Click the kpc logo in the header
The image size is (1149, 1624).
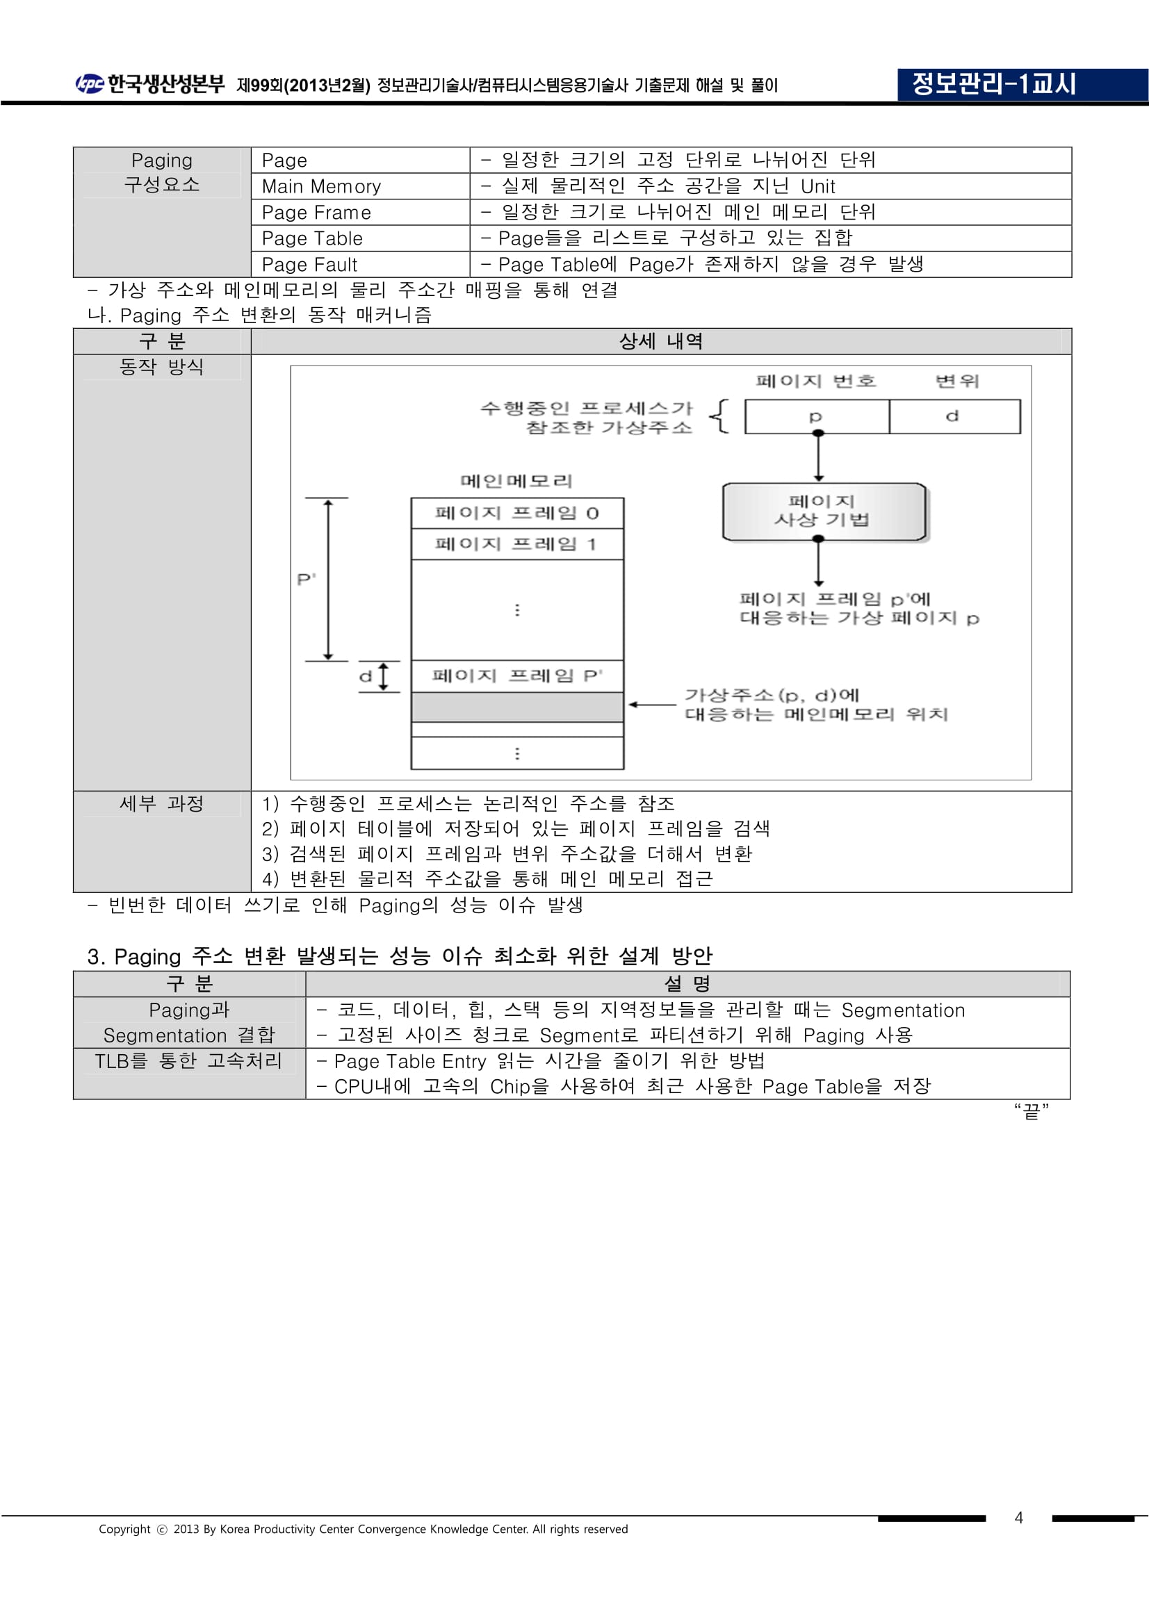[x=89, y=84]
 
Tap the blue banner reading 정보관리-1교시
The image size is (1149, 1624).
[x=1022, y=85]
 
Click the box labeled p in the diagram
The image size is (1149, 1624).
[x=817, y=417]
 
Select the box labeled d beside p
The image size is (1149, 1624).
[x=954, y=417]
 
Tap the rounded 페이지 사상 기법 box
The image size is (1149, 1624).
[x=824, y=511]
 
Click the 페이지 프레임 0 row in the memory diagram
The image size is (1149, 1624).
[x=517, y=514]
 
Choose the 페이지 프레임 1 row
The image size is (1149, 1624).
[x=517, y=544]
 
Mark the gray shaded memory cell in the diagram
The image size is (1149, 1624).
[x=517, y=707]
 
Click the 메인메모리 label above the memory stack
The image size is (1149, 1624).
[x=516, y=481]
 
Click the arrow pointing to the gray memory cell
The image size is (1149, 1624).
[x=652, y=705]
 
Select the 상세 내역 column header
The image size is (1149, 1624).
[x=661, y=342]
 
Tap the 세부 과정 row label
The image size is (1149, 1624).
[x=161, y=803]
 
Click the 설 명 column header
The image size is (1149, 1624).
[x=687, y=984]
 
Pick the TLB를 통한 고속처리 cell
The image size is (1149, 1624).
[x=189, y=1061]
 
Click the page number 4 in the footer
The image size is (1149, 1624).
[x=1018, y=1517]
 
